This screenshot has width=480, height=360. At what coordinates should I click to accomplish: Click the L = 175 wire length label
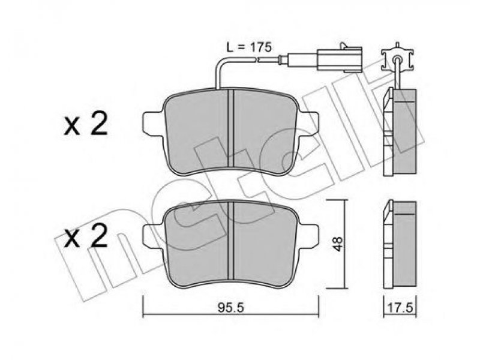(248, 47)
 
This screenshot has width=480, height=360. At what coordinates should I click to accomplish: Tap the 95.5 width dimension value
(231, 308)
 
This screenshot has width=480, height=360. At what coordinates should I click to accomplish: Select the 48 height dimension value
(338, 244)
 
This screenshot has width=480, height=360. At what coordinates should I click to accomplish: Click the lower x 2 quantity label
(86, 235)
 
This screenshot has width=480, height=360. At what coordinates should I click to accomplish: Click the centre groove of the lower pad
(231, 241)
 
